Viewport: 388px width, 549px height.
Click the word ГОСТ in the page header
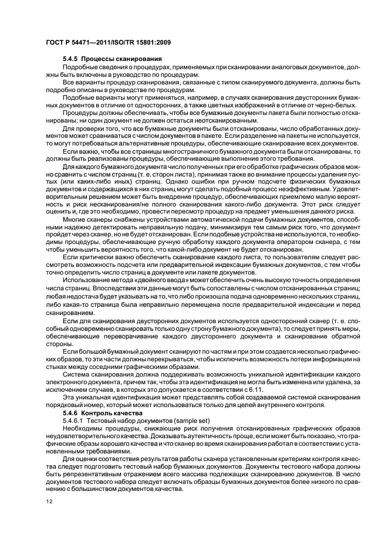point(55,42)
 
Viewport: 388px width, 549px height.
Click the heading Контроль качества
point(112,413)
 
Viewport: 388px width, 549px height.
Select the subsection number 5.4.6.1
point(75,421)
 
